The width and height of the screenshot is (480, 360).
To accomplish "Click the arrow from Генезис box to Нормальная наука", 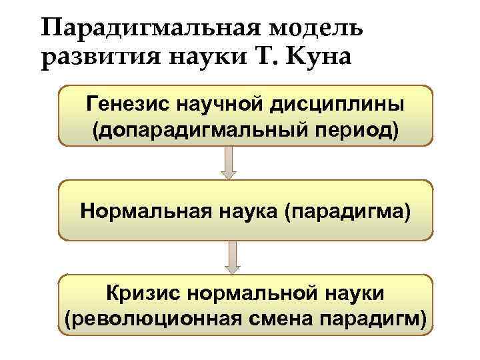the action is click(229, 163).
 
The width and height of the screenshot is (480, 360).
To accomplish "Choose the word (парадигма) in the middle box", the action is click(347, 211).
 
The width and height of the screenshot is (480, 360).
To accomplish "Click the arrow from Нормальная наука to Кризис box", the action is click(231, 257).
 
